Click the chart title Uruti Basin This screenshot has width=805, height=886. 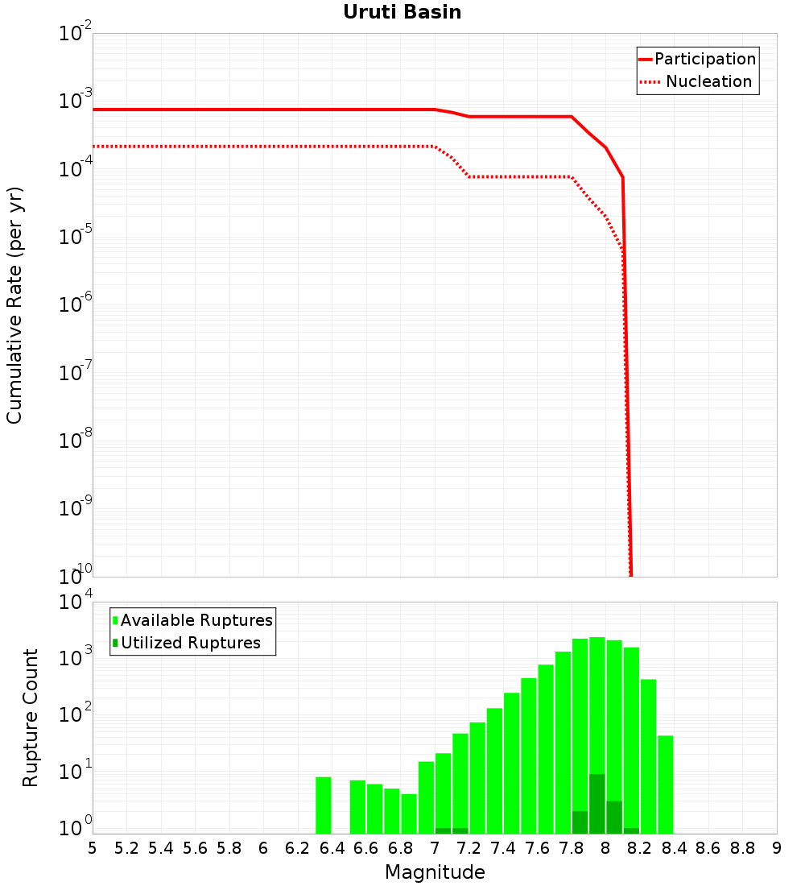pyautogui.click(x=402, y=13)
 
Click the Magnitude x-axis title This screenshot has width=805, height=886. pyautogui.click(x=435, y=872)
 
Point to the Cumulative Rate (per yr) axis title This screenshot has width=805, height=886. pyautogui.click(x=14, y=305)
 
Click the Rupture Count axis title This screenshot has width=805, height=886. pyautogui.click(x=31, y=718)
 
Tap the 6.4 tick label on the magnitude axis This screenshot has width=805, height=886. pyautogui.click(x=332, y=848)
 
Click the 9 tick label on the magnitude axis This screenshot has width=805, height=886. pyautogui.click(x=776, y=848)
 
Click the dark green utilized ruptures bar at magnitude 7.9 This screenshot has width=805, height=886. pyautogui.click(x=597, y=804)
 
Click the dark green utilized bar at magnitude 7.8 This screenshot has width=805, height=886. pyautogui.click(x=580, y=822)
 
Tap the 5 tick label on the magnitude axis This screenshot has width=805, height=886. pyautogui.click(x=93, y=848)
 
